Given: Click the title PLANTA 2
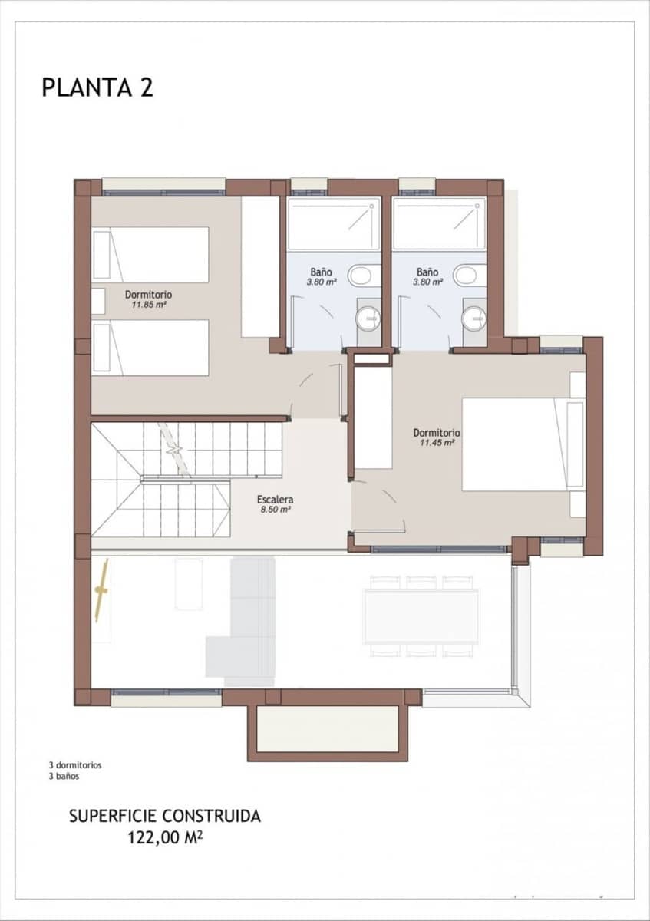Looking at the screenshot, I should [97, 87].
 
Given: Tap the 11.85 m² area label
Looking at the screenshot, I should [148, 305].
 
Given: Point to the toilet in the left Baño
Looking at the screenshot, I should [360, 275].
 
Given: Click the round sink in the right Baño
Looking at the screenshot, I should [475, 315].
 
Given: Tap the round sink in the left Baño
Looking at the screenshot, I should [369, 315].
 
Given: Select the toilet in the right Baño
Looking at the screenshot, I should [466, 275].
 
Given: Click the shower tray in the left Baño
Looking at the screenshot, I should [334, 223].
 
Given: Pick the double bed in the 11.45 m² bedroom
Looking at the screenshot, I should [522, 444].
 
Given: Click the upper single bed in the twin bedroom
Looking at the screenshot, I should [151, 254].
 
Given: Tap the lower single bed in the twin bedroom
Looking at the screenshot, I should [151, 348].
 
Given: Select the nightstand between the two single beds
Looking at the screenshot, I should [97, 301].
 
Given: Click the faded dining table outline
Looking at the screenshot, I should [421, 616].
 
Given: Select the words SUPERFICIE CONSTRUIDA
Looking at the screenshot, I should [165, 816].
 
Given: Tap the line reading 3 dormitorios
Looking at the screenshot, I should [75, 765].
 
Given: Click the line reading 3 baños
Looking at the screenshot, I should [64, 776].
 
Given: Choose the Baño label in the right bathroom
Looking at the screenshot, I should [427, 272].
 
